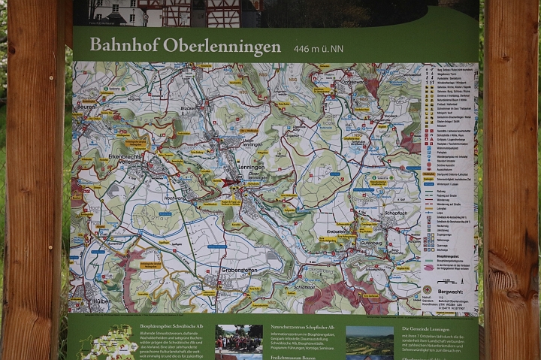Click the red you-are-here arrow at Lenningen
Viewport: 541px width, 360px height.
(228, 182)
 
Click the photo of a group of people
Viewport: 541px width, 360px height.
(239, 342)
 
